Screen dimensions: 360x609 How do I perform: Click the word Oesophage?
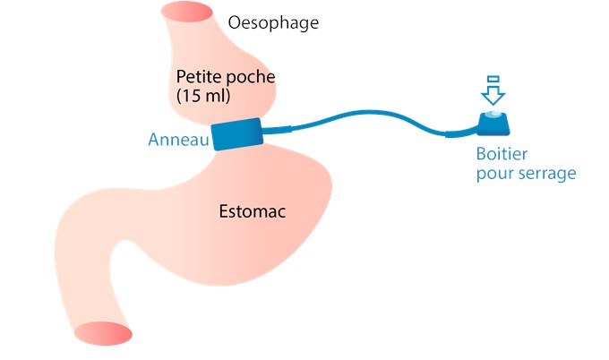click(x=273, y=21)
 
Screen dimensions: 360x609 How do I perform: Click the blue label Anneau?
click(x=177, y=141)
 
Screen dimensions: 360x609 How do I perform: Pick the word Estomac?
click(x=258, y=212)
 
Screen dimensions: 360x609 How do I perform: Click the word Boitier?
click(x=502, y=154)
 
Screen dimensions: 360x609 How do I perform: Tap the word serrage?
click(x=543, y=174)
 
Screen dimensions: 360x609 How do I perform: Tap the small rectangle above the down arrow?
click(x=493, y=79)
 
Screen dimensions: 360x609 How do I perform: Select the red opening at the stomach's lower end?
click(x=102, y=333)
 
